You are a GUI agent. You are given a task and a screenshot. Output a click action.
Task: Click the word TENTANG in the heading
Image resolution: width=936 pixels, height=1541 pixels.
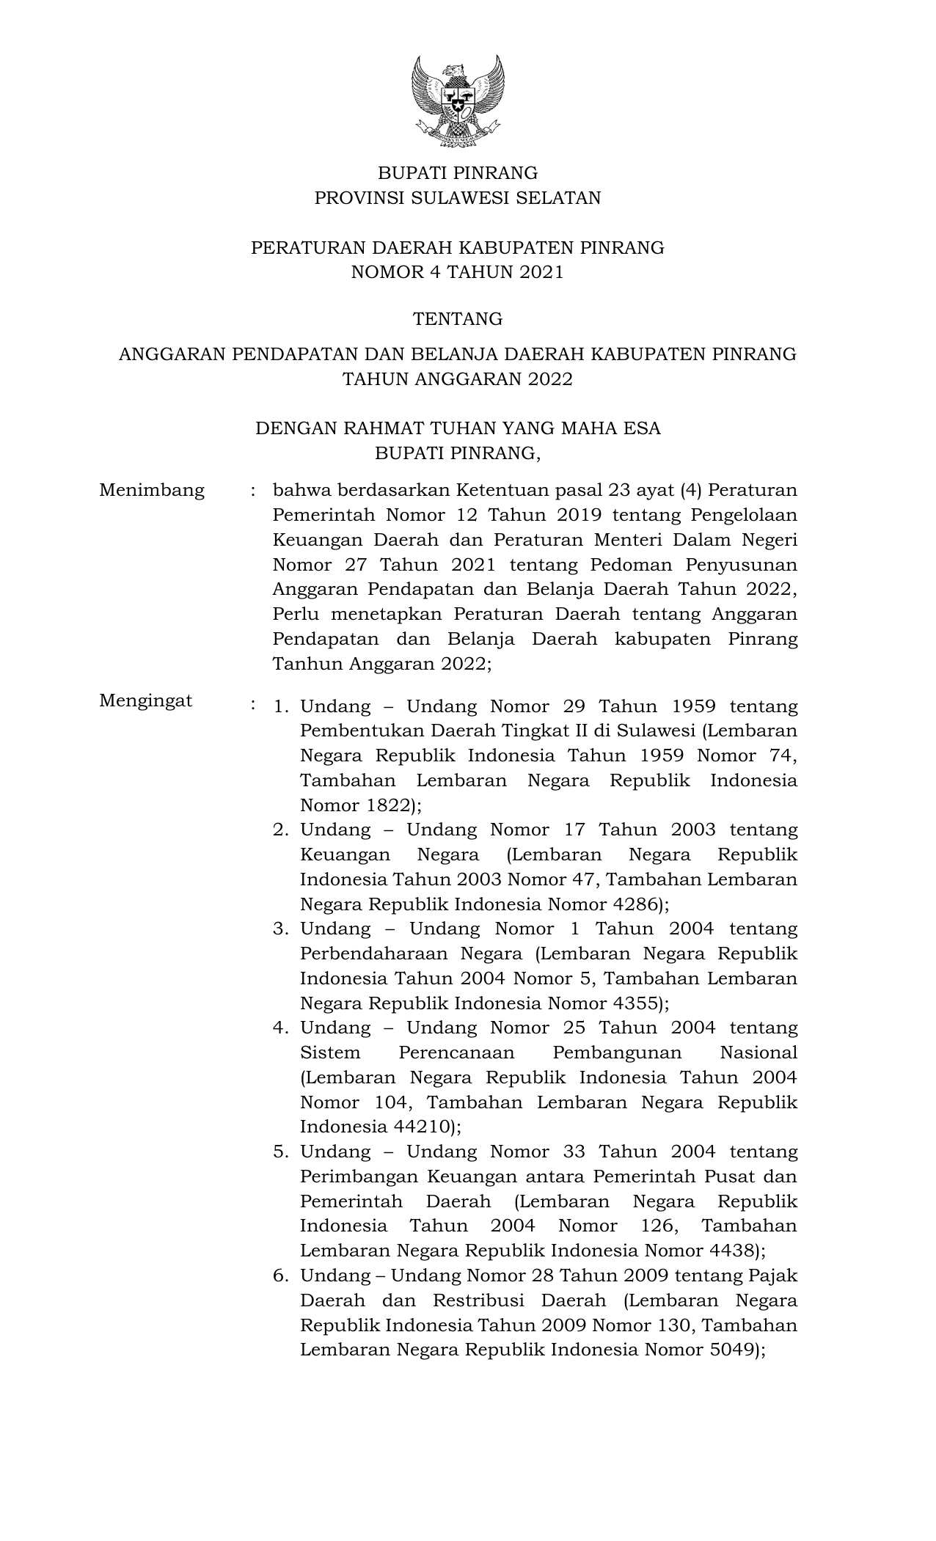point(458,319)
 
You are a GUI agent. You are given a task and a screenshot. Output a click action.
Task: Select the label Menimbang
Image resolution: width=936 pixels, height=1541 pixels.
point(152,490)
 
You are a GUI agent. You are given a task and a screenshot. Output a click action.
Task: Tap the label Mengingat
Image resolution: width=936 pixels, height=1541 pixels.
point(146,700)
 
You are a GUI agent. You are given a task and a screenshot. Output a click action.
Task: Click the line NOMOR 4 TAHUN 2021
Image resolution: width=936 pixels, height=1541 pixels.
point(458,273)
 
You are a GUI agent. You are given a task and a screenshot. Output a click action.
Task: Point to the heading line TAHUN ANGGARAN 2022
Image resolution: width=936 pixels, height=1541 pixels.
point(458,379)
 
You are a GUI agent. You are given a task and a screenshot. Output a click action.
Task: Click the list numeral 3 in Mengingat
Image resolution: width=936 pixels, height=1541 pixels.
point(279,929)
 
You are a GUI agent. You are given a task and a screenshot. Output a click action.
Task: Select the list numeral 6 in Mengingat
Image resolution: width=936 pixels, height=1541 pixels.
point(279,1276)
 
